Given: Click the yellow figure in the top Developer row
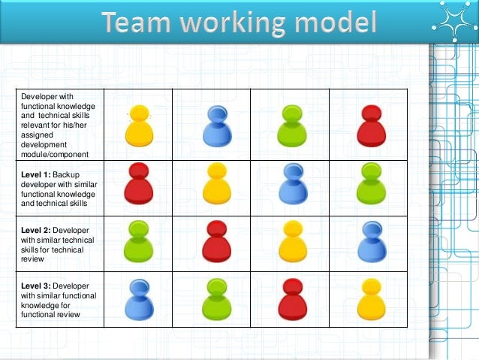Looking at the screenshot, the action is click(139, 126).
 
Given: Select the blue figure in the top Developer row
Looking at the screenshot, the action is click(215, 126).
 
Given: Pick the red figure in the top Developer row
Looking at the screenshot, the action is click(369, 126).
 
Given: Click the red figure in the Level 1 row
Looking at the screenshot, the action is click(138, 183).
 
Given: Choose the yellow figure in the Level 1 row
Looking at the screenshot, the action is click(215, 183).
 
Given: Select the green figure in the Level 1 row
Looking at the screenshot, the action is click(369, 183).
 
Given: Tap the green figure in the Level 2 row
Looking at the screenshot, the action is click(138, 241).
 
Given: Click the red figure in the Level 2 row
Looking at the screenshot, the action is click(215, 241).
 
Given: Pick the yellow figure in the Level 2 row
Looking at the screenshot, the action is click(291, 241).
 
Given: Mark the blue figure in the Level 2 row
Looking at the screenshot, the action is click(369, 241).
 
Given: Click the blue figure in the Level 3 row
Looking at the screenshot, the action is click(139, 298).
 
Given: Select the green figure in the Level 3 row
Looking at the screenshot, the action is click(215, 298).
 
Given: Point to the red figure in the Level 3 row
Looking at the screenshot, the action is click(291, 298).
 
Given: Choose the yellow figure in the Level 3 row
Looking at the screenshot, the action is click(369, 298).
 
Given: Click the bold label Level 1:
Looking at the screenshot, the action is click(35, 174).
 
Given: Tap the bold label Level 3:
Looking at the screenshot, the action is click(35, 287).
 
